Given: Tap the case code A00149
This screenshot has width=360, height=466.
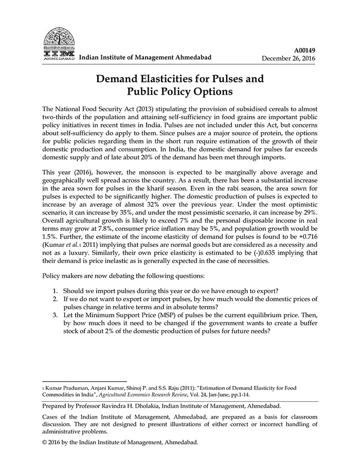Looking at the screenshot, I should [304, 50].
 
